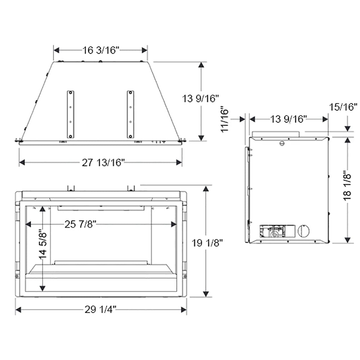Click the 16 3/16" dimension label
click(101, 50)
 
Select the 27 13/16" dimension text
click(103, 163)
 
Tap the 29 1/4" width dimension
click(100, 310)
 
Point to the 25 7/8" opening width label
click(80, 224)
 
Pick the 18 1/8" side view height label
click(347, 190)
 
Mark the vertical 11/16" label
click(225, 119)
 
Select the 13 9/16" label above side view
click(288, 119)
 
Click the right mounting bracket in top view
click(130, 114)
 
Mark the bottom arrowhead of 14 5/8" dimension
click(43, 288)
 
